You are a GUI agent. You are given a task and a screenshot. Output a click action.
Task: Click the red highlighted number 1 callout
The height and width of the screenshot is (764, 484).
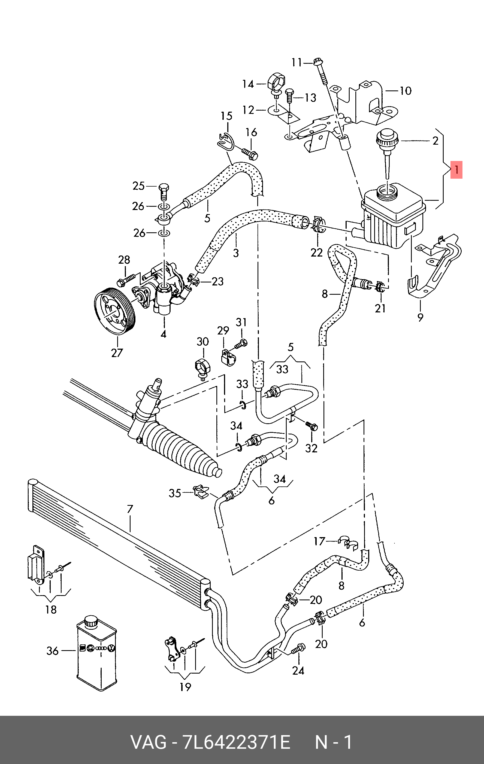tap(456, 170)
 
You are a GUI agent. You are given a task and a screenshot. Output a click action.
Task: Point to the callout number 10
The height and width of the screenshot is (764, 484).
tap(405, 91)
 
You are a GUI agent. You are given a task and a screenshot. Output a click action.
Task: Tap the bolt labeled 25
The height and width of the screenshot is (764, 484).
tap(164, 191)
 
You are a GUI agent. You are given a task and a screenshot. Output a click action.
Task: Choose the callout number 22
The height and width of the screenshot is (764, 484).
tap(316, 252)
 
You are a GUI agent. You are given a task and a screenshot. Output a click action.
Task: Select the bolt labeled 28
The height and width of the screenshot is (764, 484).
tap(126, 279)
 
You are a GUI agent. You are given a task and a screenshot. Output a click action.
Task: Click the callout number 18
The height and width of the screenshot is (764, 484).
tap(51, 609)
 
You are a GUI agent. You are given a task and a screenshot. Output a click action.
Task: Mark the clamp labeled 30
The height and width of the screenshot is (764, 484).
tap(203, 368)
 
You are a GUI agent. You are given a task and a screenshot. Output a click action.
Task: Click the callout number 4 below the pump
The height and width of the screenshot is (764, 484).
tap(164, 334)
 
